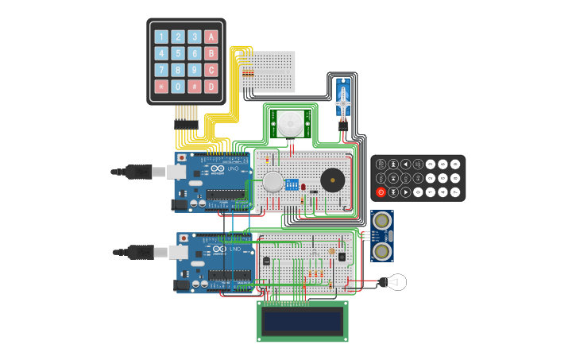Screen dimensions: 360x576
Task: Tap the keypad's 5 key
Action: [x=178, y=53]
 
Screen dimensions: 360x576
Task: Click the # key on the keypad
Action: [x=195, y=87]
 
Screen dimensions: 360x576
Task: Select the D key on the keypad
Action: [x=211, y=87]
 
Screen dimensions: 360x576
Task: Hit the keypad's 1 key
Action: [x=161, y=37]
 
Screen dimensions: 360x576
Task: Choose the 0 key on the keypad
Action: [x=178, y=87]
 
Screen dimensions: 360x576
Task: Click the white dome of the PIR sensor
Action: [x=289, y=123]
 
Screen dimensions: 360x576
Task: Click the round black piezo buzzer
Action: [x=332, y=180]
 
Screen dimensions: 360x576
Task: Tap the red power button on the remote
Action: [x=381, y=192]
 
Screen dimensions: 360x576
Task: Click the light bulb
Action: [x=394, y=282]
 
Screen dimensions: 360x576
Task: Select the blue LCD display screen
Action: [x=302, y=320]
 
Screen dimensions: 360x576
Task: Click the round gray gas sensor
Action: [x=273, y=182]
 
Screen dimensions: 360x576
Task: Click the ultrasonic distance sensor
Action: [x=382, y=236]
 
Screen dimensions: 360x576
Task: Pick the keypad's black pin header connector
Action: [x=186, y=114]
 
